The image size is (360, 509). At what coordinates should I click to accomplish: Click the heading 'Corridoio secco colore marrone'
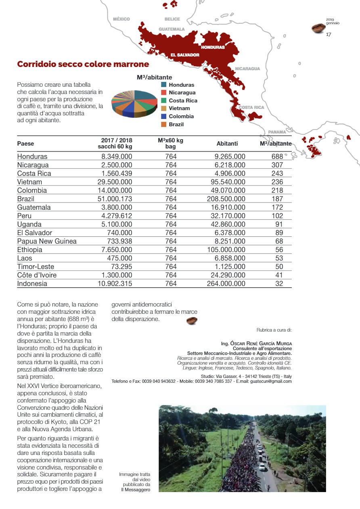click(x=83, y=65)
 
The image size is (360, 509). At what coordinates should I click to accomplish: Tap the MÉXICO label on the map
click(x=121, y=19)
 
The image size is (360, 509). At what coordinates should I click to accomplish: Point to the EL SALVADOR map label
click(x=185, y=55)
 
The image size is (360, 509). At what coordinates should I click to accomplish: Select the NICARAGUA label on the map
click(x=247, y=69)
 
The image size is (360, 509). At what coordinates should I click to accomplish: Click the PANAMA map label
click(x=277, y=132)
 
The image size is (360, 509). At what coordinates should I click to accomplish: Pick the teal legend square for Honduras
click(x=164, y=85)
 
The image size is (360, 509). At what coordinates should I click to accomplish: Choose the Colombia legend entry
click(x=181, y=116)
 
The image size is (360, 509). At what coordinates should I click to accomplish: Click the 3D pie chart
click(x=134, y=104)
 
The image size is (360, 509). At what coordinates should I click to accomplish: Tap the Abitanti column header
click(x=227, y=144)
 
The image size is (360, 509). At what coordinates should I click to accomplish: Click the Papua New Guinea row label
click(x=47, y=241)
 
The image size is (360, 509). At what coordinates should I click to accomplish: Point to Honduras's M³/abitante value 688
click(x=277, y=156)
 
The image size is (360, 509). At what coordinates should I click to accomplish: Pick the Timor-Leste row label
click(x=36, y=267)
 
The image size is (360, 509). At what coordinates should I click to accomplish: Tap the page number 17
click(x=329, y=34)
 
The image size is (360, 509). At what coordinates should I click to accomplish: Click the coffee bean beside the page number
click(x=318, y=28)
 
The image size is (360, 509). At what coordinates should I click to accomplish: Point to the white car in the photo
click(x=262, y=467)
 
